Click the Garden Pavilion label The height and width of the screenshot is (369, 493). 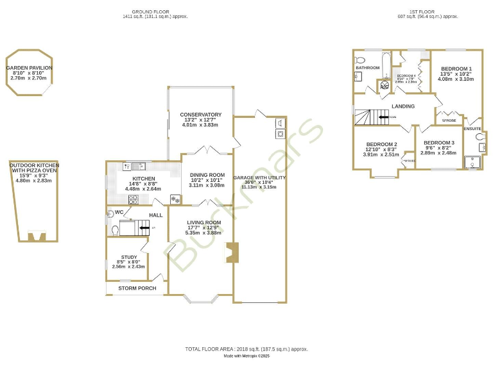29,67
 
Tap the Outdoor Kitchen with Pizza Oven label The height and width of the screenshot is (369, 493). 33,168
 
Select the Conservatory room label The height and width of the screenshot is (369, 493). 201,115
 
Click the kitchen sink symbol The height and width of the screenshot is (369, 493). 136,166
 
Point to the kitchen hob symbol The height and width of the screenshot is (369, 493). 134,199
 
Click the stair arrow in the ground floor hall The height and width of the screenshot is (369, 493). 137,227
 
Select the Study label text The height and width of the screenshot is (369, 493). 128,257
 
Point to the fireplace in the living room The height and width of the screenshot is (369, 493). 232,252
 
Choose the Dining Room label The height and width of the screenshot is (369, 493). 207,175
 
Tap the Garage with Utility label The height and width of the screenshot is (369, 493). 259,177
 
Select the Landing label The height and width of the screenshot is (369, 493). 404,106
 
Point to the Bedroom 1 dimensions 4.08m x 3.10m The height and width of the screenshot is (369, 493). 455,79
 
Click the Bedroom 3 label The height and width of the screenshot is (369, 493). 439,142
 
